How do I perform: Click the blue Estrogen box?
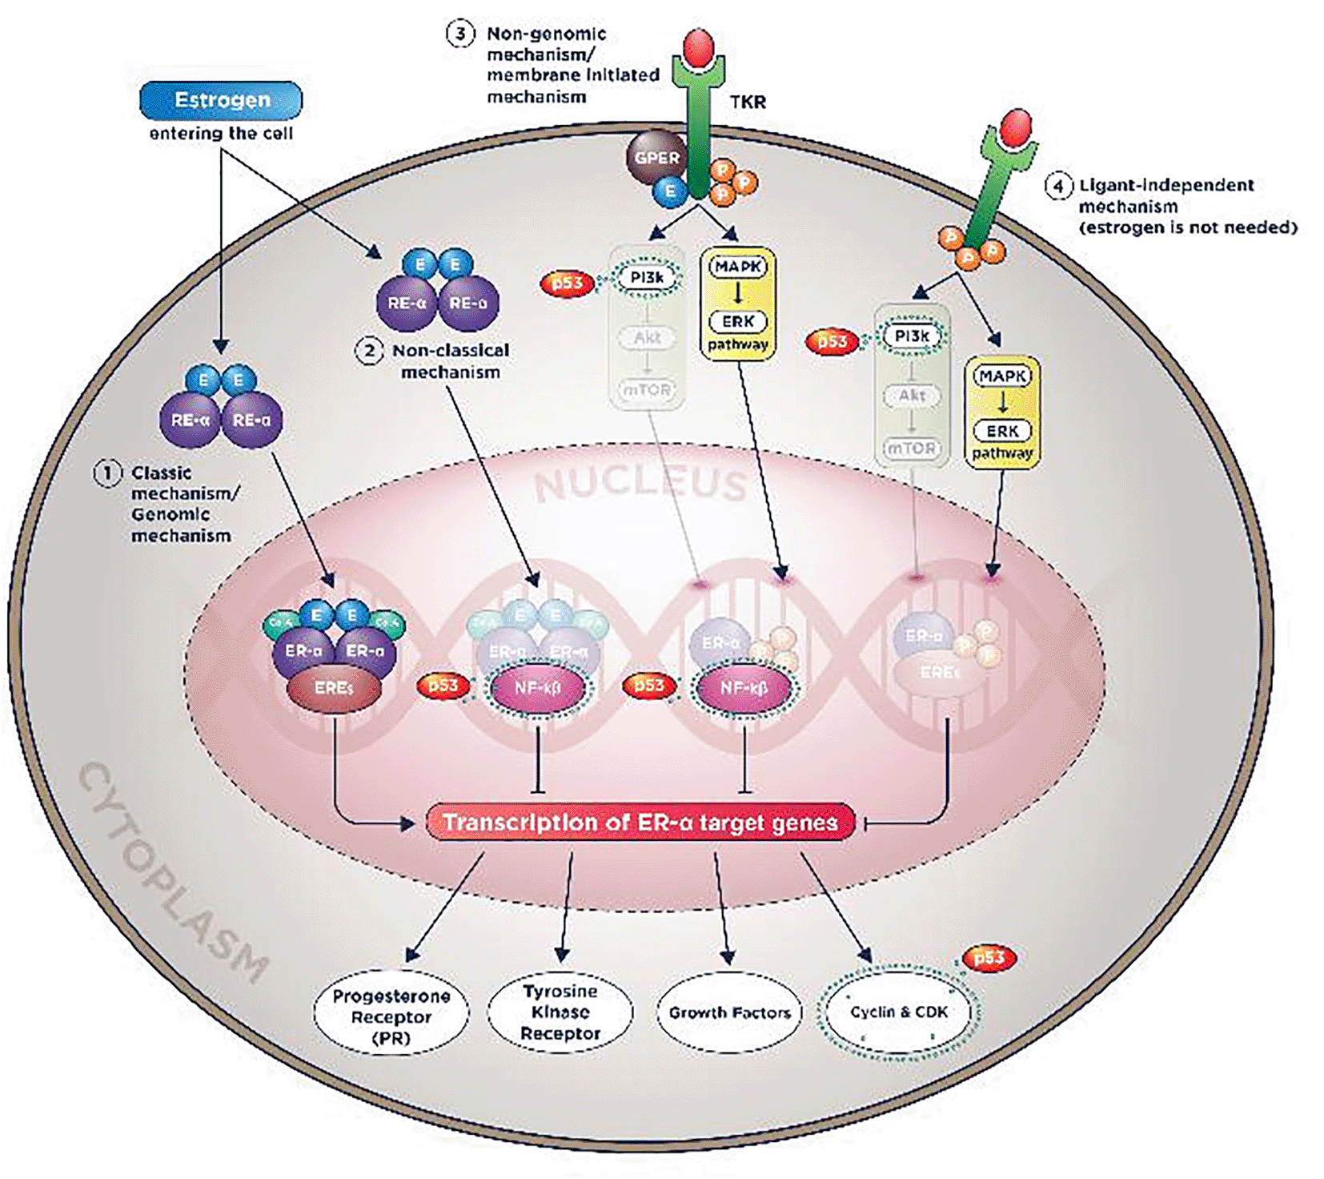click(x=221, y=100)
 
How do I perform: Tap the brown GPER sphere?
click(x=656, y=157)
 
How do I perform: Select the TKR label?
click(x=748, y=102)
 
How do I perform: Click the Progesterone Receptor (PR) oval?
click(x=391, y=1016)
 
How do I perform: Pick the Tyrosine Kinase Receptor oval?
click(x=560, y=1012)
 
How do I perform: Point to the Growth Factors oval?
click(x=729, y=1012)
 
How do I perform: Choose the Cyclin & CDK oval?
click(x=898, y=1012)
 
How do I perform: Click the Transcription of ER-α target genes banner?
click(x=640, y=823)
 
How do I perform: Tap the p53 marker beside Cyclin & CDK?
click(x=989, y=957)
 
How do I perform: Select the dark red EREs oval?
click(x=334, y=688)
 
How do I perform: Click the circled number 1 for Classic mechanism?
click(x=108, y=473)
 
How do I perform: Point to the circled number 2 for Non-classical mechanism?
click(x=369, y=351)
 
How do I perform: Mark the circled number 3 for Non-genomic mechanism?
click(x=460, y=34)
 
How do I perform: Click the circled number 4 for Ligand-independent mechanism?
click(x=1058, y=186)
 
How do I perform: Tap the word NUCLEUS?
click(x=640, y=484)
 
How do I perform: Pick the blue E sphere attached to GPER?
click(x=669, y=191)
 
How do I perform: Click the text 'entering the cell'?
click(x=221, y=133)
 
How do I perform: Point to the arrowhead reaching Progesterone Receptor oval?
click(x=411, y=955)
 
